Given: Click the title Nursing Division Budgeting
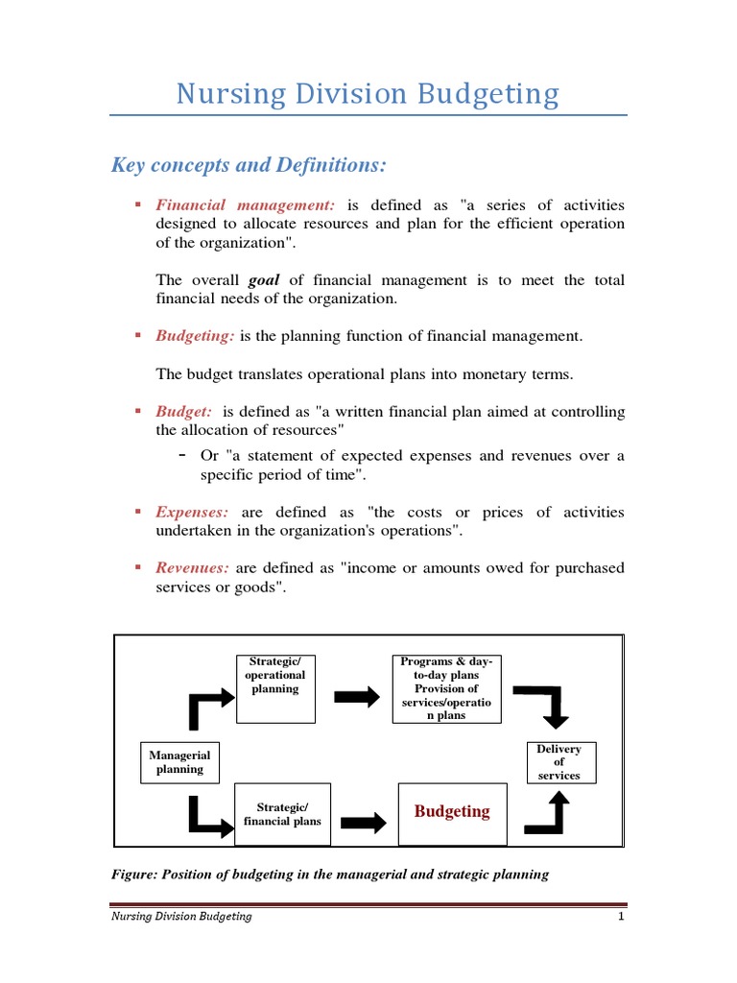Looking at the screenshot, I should click(x=368, y=94).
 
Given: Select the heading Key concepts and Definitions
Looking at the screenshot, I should click(x=249, y=166).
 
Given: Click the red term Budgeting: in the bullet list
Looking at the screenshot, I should click(x=195, y=336).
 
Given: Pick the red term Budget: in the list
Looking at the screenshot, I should click(x=184, y=412).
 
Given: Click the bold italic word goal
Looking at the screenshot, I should click(x=264, y=280).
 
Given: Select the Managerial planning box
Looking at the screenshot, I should click(x=180, y=762).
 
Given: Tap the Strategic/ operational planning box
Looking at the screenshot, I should click(x=275, y=688).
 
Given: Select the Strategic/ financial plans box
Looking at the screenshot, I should click(x=282, y=814).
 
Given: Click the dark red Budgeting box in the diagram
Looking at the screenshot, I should click(x=452, y=812).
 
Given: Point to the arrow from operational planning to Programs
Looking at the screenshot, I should click(x=357, y=698).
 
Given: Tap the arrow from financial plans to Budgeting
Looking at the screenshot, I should click(x=364, y=822).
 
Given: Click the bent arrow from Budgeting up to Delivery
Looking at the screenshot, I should click(x=546, y=816).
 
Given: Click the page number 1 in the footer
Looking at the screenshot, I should click(x=622, y=917).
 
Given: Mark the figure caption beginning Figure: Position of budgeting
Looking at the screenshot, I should click(x=331, y=875).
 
